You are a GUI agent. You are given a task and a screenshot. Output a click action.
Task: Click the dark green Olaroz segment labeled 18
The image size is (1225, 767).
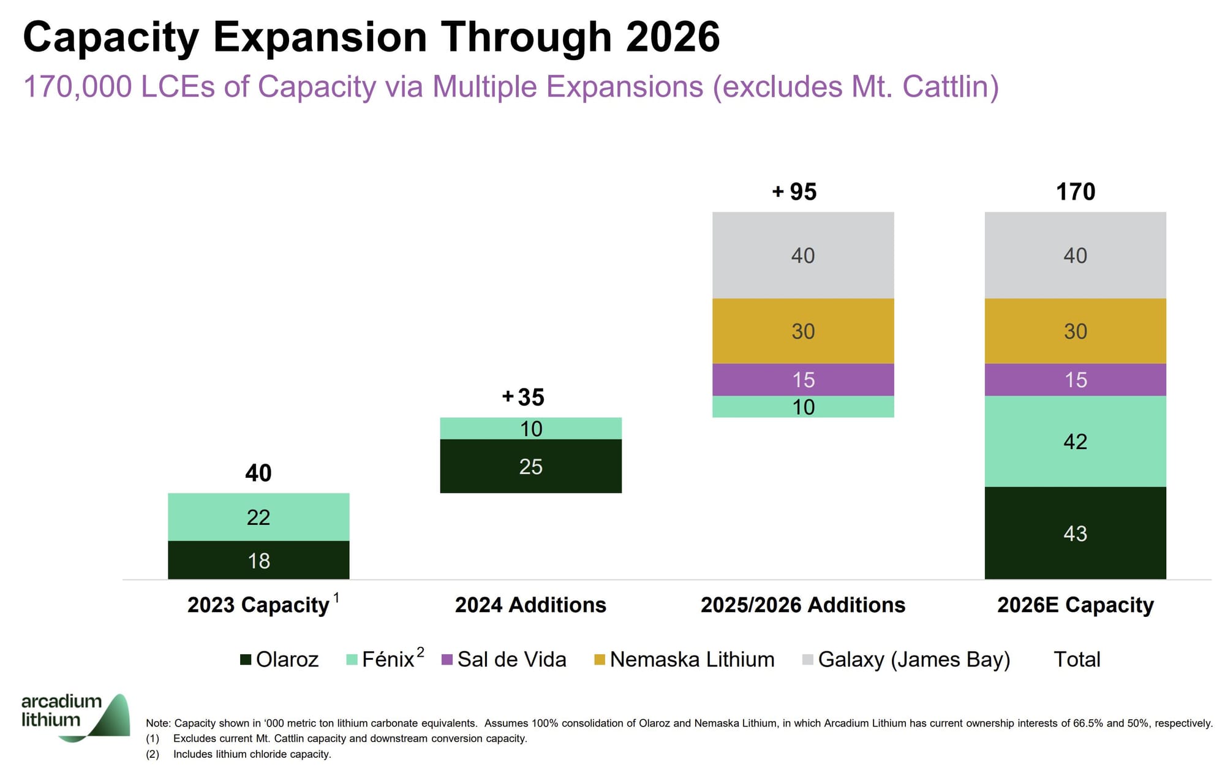point(258,560)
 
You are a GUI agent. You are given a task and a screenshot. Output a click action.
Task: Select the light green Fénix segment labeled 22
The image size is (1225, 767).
point(258,516)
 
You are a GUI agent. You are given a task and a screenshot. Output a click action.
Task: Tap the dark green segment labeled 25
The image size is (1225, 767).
point(530,466)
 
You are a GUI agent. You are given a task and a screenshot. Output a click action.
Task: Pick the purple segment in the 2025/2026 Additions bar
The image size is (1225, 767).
point(803,379)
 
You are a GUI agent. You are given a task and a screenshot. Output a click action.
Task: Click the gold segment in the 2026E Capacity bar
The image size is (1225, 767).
point(1075,331)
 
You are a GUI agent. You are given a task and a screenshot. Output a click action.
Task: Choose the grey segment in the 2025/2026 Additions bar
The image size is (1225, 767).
point(803,255)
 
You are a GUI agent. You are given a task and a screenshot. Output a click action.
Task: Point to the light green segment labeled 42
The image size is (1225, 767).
point(1075,441)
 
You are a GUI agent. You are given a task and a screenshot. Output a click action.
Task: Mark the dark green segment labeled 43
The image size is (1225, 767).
point(1075,533)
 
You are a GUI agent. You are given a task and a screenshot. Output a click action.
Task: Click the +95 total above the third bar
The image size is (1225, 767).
point(794,192)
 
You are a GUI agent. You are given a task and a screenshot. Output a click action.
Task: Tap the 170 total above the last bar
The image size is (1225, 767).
point(1076,192)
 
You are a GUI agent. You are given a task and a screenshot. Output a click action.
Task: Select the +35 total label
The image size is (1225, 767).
point(524,397)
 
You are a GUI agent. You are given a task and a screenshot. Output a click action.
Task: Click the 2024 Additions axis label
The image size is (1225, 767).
point(530,605)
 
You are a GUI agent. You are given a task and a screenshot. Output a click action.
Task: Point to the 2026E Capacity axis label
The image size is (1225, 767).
point(1075,605)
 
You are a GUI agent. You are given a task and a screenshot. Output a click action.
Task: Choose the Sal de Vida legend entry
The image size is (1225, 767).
point(504,659)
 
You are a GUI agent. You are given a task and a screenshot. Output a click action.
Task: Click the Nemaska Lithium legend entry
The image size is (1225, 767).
point(685,659)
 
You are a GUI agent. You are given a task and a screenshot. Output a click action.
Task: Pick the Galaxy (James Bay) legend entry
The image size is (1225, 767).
point(907,659)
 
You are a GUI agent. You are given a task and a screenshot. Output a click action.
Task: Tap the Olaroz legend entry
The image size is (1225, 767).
point(280,659)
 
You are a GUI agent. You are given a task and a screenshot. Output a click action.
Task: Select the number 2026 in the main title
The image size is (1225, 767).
point(673,37)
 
